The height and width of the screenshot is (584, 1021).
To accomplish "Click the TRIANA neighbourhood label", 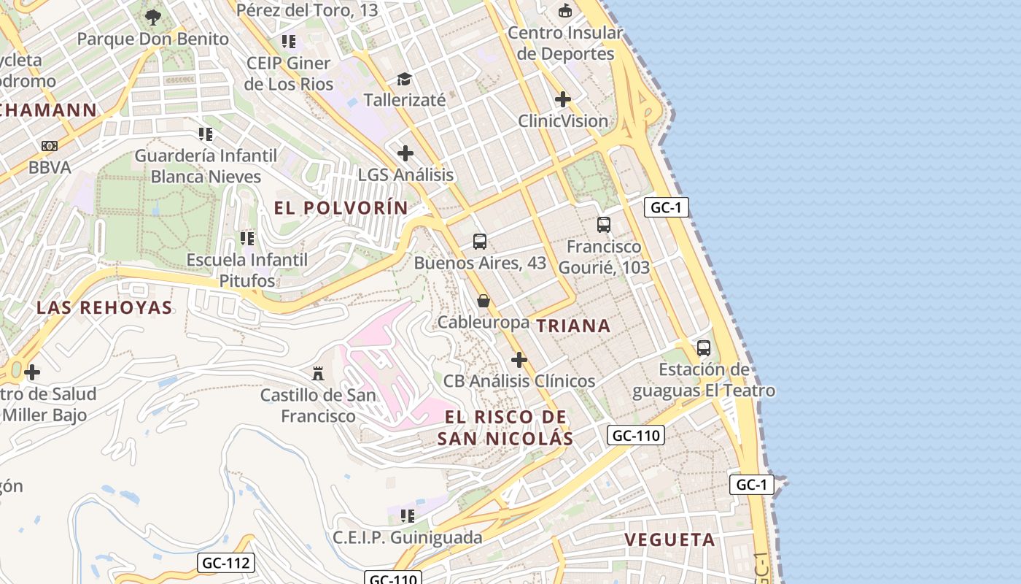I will (573, 326).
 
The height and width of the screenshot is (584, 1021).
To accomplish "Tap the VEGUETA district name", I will (669, 540).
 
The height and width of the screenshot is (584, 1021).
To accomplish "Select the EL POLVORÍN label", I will (341, 208).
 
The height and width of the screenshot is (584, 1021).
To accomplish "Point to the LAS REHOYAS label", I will (104, 307).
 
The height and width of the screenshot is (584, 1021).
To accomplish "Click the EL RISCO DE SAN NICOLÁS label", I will (505, 428).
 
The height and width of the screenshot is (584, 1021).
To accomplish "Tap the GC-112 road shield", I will (226, 563).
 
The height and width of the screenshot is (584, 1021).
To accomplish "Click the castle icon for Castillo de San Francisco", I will (318, 374).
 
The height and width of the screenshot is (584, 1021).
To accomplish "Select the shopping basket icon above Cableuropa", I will (483, 301).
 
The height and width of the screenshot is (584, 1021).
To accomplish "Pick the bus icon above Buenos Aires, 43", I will (479, 241).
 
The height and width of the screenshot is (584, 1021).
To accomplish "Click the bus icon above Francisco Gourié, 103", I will (604, 225).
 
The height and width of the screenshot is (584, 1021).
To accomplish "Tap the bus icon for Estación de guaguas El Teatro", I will (703, 348).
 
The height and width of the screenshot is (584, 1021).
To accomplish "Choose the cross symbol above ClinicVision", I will (562, 99).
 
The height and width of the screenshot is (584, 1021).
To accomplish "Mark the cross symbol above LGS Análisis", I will (405, 153).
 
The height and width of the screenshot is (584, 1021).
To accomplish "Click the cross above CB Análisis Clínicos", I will (519, 360).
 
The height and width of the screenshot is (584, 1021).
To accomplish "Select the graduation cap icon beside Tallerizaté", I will (404, 79).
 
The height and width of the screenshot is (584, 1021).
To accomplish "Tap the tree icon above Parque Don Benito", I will (152, 17).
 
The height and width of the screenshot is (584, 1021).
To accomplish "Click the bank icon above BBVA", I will (50, 146).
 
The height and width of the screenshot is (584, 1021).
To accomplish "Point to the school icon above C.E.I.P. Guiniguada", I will (408, 516).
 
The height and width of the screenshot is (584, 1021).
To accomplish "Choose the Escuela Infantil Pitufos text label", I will (246, 270).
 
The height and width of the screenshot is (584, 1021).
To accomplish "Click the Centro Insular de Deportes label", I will (565, 43).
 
